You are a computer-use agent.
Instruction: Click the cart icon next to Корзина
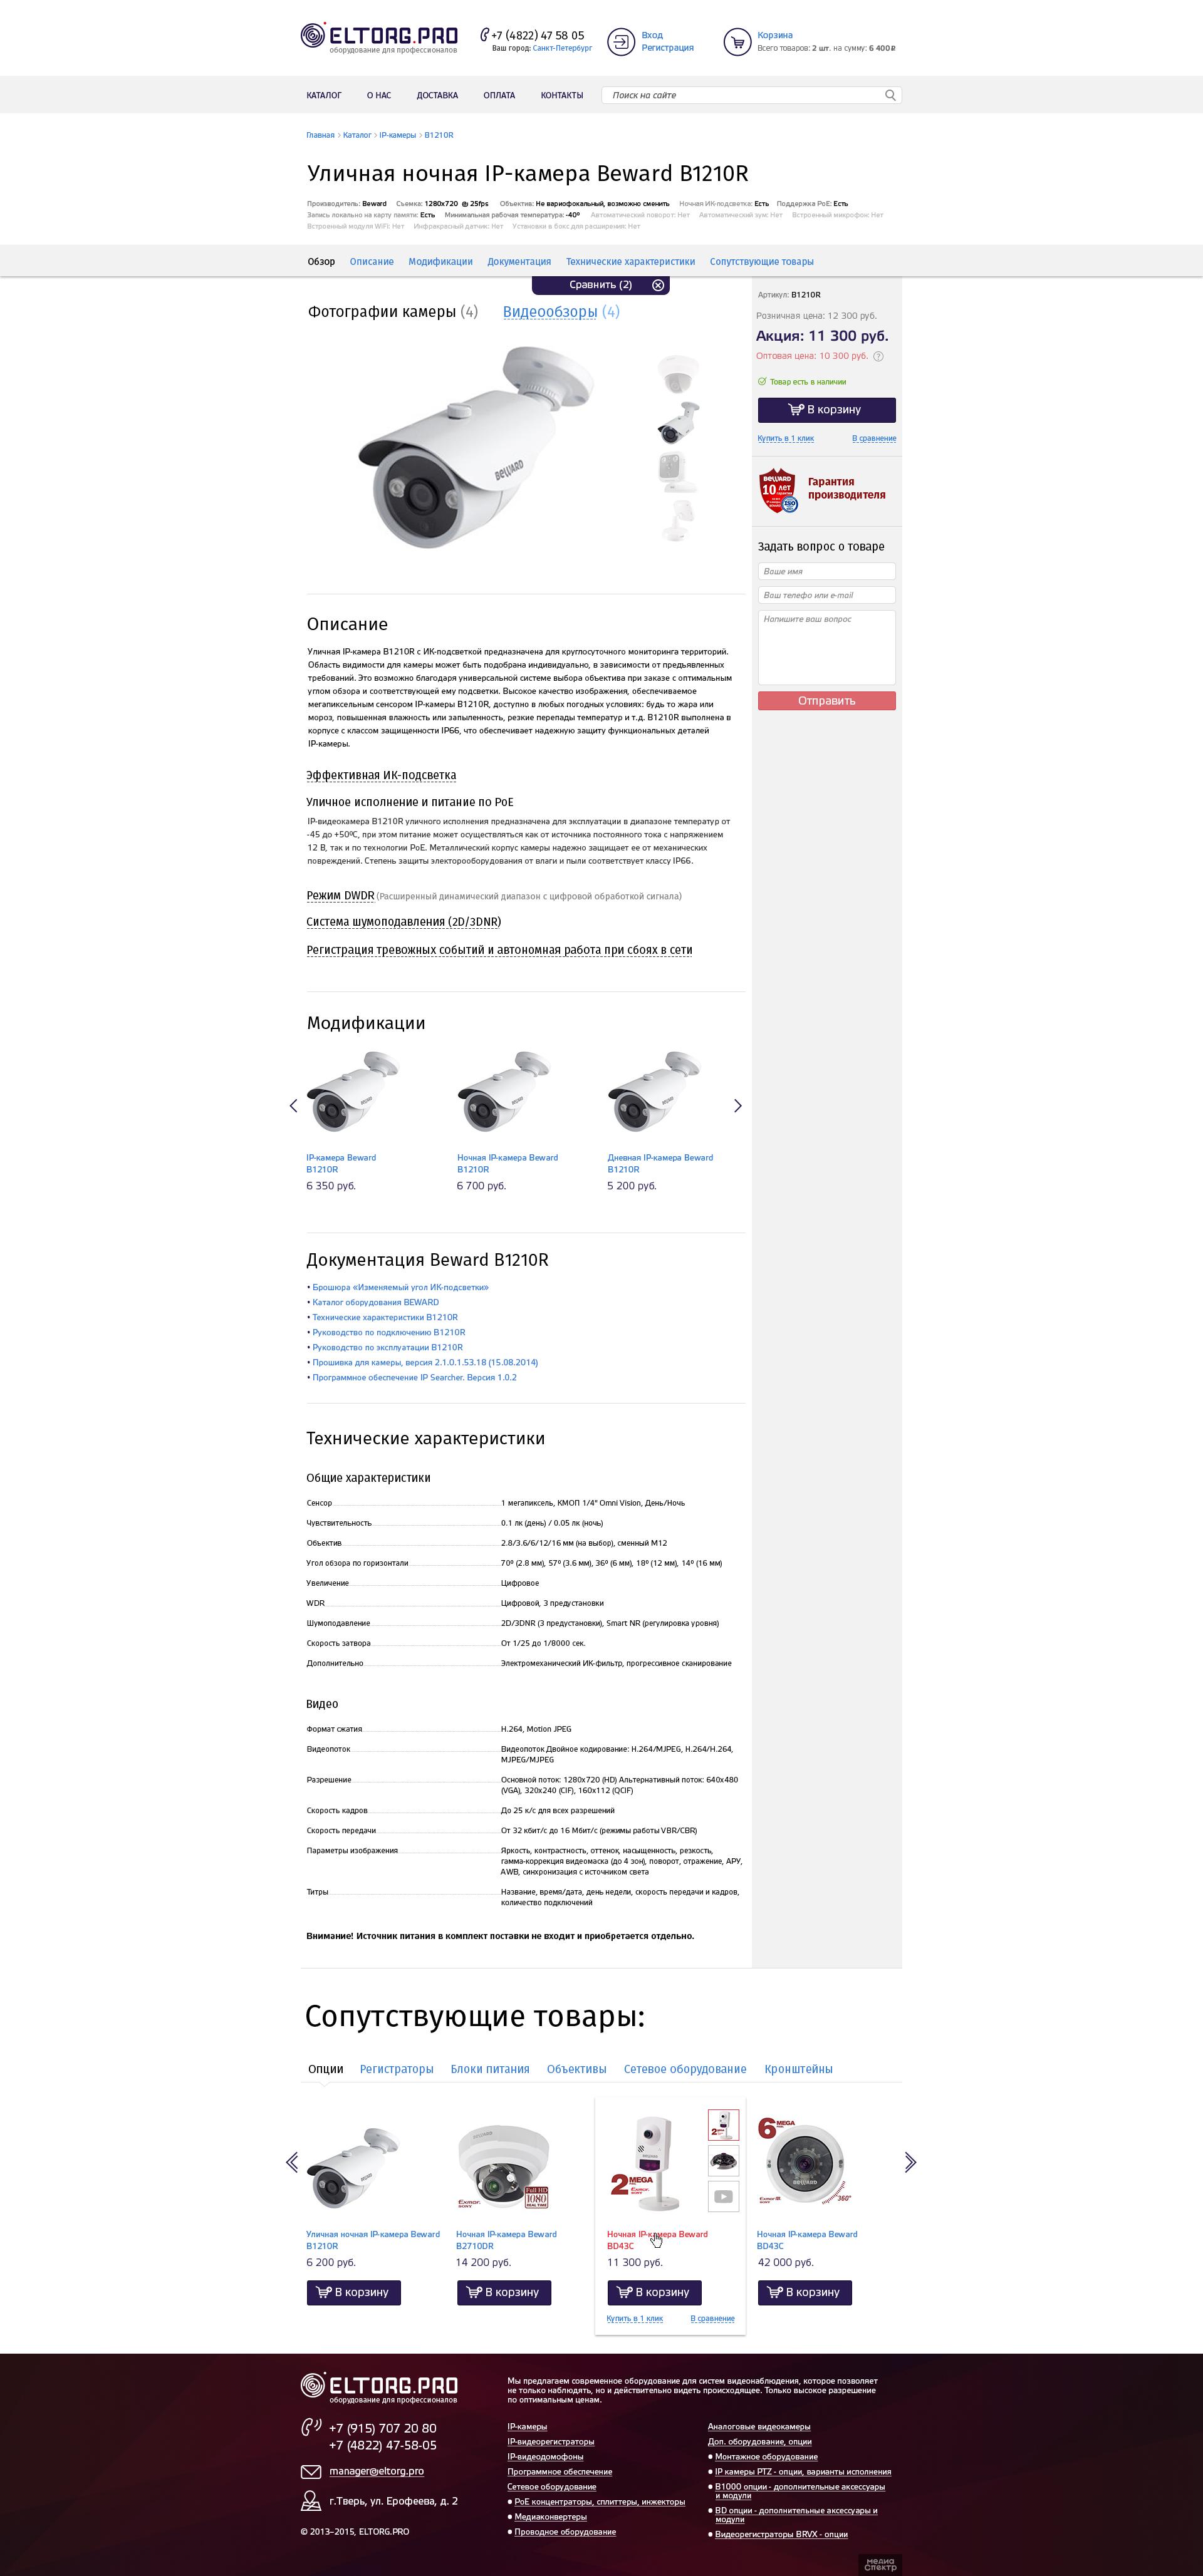pos(737,42)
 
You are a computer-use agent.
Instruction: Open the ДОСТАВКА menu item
pos(437,95)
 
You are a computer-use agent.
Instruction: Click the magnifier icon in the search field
pos(890,95)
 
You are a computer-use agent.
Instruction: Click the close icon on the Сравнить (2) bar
pos(658,285)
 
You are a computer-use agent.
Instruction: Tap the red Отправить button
pos(826,701)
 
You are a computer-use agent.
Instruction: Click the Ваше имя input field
pos(826,571)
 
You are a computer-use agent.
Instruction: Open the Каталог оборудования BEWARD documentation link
pos(375,1302)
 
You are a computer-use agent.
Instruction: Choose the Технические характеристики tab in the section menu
pos(630,262)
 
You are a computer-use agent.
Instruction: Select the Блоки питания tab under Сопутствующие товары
pos(490,2069)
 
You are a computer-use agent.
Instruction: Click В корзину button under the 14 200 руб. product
pos(504,2292)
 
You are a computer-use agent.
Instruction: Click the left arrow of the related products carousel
pos(292,2162)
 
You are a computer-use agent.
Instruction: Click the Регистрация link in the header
pos(667,48)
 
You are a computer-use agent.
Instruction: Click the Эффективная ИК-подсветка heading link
pos(381,775)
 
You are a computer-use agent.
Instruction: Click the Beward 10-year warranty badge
pos(778,490)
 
